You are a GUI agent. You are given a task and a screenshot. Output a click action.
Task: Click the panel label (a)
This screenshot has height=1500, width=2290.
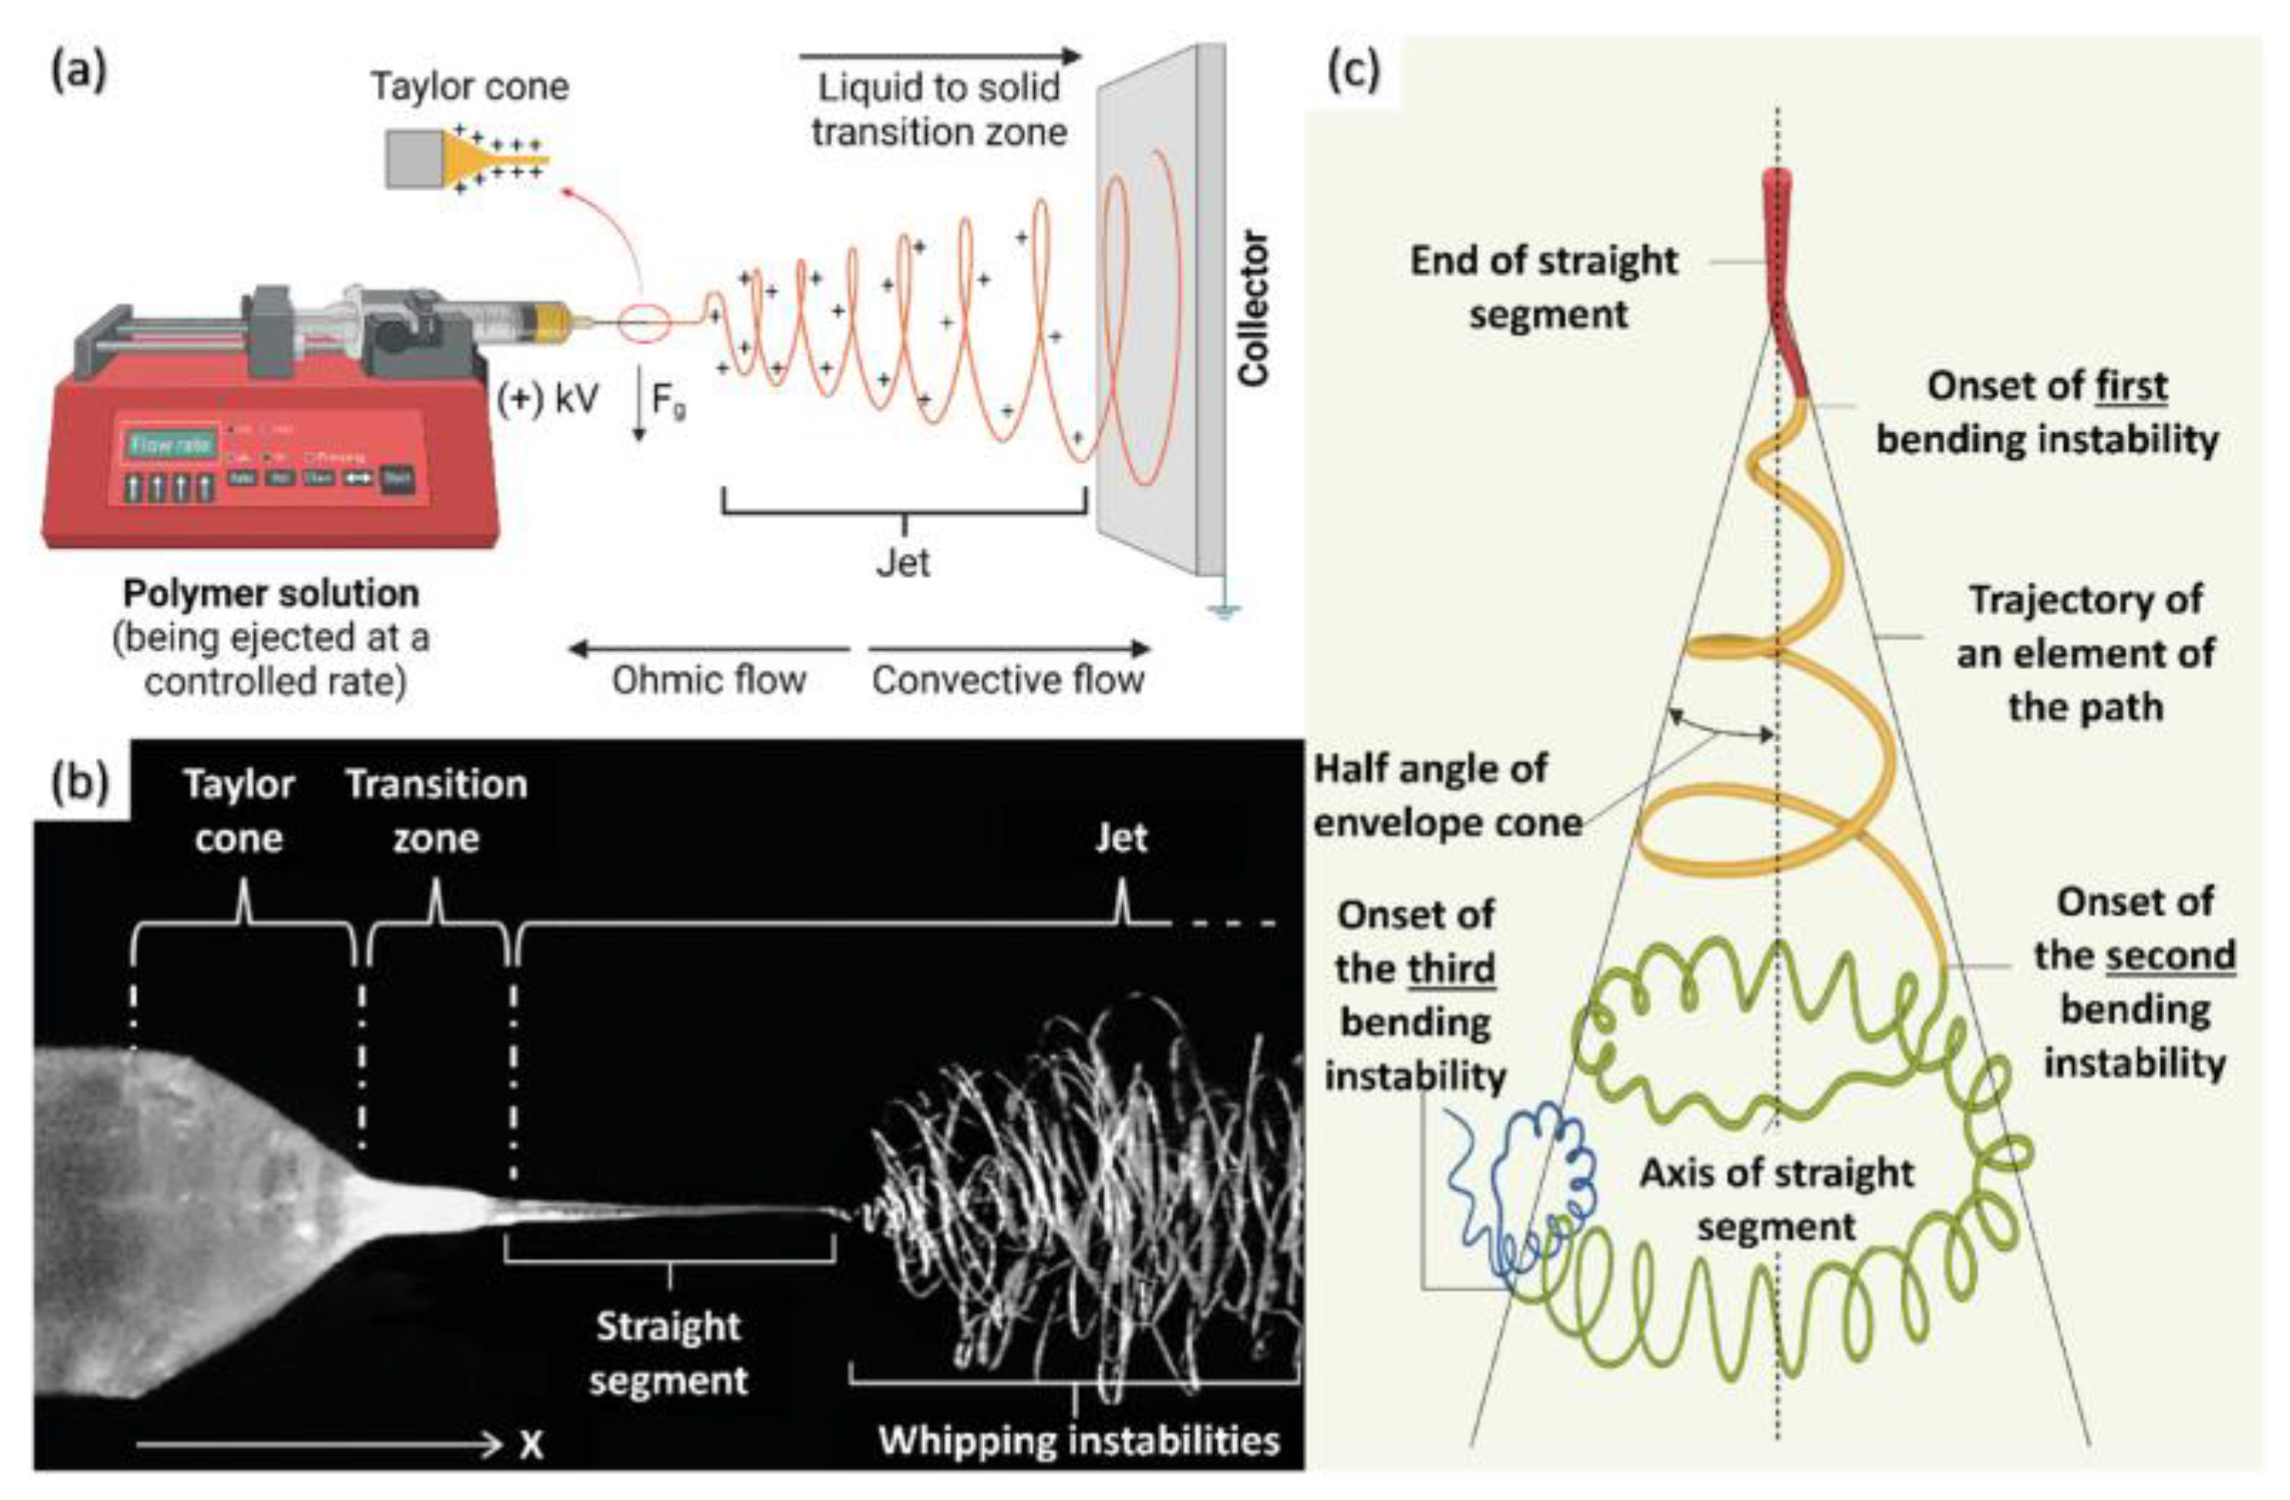click(78, 73)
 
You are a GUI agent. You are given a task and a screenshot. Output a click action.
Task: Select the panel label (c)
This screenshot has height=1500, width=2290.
click(1352, 72)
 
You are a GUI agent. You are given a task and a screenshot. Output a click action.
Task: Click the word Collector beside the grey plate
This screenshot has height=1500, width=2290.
click(1254, 308)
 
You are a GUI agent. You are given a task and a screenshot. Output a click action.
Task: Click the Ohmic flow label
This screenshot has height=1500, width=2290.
click(708, 680)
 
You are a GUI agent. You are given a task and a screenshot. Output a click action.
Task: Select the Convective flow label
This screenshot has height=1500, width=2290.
click(1009, 680)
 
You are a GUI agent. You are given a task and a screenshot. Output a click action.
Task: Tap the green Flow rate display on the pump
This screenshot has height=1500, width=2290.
click(170, 444)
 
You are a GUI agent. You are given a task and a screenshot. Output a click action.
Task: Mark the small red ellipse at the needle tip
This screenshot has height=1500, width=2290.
click(643, 322)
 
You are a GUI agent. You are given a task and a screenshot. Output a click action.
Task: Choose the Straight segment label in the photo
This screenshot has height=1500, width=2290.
click(669, 1352)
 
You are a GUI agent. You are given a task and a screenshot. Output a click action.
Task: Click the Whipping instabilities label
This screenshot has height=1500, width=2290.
click(1079, 1440)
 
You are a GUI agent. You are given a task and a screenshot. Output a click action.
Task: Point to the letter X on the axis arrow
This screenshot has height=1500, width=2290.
click(531, 1444)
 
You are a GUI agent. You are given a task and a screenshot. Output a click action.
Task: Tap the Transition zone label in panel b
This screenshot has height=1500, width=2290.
click(437, 811)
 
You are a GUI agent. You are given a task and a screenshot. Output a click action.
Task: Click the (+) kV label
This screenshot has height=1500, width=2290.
click(549, 398)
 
